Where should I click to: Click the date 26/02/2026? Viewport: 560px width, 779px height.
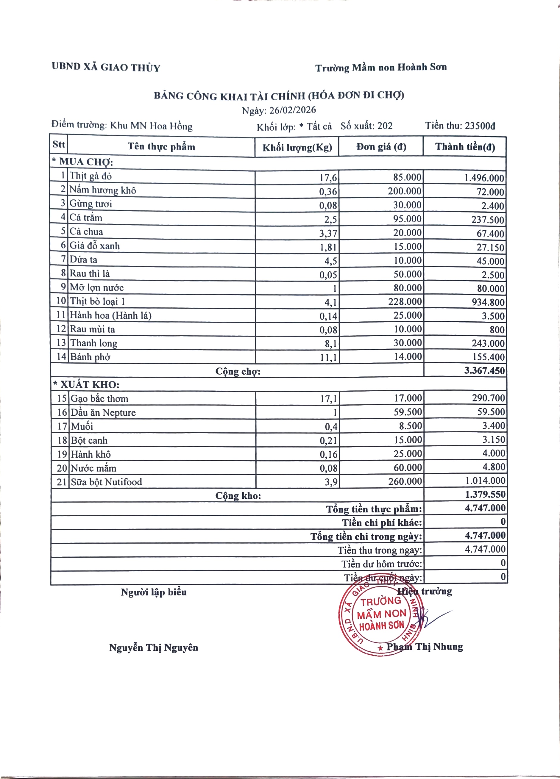(292, 110)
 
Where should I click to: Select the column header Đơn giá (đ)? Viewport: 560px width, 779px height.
(381, 147)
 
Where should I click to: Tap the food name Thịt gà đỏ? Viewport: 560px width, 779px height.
(91, 176)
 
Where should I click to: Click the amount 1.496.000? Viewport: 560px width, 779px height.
(484, 178)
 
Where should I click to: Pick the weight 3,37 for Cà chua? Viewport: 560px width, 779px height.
(328, 234)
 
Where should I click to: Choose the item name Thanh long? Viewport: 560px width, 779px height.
(94, 343)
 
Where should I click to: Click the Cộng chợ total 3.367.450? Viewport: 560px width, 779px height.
(484, 371)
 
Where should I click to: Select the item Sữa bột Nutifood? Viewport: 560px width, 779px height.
(106, 482)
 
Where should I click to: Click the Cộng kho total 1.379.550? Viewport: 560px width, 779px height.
(485, 494)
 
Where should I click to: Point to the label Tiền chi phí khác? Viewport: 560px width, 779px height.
(382, 523)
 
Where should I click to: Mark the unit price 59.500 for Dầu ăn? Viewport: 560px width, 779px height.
(408, 412)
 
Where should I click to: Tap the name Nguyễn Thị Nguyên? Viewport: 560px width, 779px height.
(154, 648)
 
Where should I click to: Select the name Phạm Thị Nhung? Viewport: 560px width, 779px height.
(425, 647)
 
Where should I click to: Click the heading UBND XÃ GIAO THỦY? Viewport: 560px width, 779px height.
(106, 67)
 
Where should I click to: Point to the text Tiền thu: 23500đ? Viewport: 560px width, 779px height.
(460, 126)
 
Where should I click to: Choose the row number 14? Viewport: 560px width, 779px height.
(61, 356)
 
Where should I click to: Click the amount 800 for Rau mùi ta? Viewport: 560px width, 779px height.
(497, 330)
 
